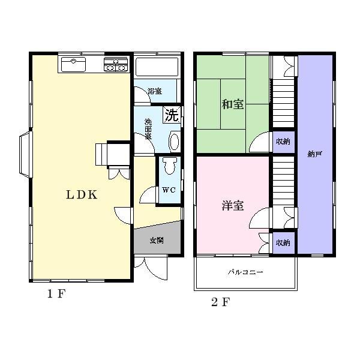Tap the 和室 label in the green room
(232, 104)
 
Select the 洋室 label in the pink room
(232, 206)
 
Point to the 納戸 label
(314, 155)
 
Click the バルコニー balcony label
(245, 272)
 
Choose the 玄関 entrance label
(157, 240)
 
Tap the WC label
(169, 190)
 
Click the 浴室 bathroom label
(155, 91)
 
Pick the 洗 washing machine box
(172, 115)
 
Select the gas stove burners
(116, 65)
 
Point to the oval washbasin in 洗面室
(174, 142)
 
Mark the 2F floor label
(220, 301)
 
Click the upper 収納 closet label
(283, 142)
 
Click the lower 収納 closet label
(283, 243)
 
